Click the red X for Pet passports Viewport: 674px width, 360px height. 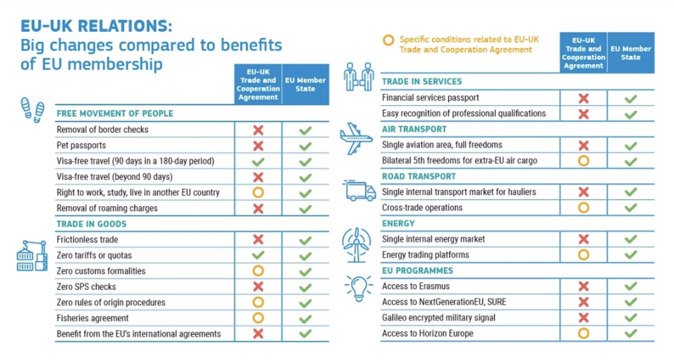coord(258,146)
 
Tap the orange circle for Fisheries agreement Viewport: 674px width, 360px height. coord(258,318)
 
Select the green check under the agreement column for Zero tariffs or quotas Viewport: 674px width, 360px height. coord(258,255)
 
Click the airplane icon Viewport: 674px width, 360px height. coord(356,139)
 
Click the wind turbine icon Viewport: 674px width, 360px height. coord(356,245)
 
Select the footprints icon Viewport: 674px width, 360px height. coord(33,110)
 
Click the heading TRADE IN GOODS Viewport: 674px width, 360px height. coord(91,224)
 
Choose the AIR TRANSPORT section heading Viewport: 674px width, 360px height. coord(414,129)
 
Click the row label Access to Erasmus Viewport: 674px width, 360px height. coord(416,286)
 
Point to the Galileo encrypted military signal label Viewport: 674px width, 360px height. coord(438,318)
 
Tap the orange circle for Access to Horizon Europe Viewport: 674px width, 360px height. coord(583,333)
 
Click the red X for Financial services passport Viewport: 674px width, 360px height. coord(583,98)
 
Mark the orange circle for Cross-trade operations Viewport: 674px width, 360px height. coord(583,208)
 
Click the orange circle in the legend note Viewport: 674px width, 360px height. coord(388,40)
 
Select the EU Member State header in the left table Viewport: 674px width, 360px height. coord(305,85)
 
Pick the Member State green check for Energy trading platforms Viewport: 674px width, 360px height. coord(631,255)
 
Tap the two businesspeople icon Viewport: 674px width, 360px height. coord(359,77)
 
